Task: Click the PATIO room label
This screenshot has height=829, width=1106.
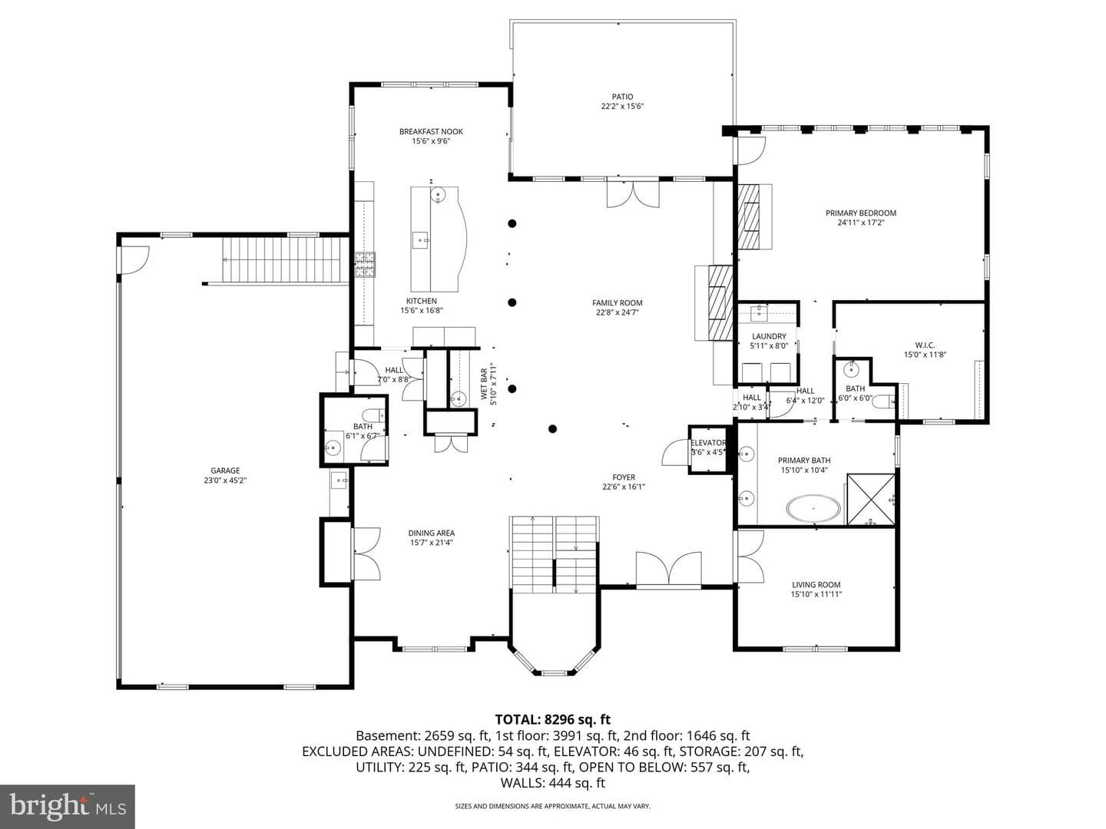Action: click(622, 97)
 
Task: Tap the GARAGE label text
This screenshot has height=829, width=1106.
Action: click(225, 471)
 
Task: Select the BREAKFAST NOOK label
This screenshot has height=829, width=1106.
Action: click(431, 131)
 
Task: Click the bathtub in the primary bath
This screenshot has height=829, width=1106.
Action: click(813, 508)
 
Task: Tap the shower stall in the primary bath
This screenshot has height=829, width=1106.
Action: click(871, 499)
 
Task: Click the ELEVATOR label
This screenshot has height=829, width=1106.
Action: click(708, 442)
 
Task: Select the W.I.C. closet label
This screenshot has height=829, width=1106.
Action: click(925, 345)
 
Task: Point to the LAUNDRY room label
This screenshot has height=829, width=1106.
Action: click(769, 336)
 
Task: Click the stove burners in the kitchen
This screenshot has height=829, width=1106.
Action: click(365, 265)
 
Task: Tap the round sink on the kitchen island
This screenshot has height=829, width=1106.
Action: click(437, 193)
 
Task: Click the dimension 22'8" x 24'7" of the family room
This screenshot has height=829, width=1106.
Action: click(618, 312)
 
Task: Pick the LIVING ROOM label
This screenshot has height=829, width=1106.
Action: click(816, 584)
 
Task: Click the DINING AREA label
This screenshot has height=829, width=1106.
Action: click(432, 533)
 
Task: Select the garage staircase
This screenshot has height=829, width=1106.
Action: click(286, 259)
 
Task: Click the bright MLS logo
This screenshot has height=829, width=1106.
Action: click(68, 807)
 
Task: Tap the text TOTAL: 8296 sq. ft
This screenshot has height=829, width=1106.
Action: click(553, 719)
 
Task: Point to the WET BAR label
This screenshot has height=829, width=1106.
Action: click(484, 384)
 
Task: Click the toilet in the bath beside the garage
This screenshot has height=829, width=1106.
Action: click(373, 416)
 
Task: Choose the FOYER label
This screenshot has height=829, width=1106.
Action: click(624, 477)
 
